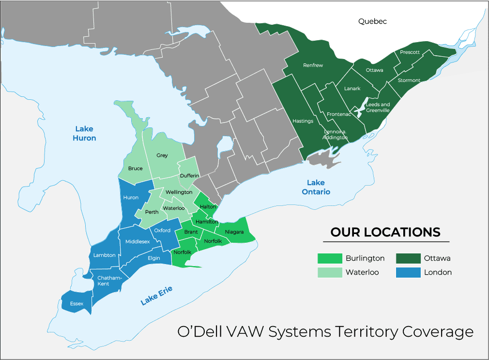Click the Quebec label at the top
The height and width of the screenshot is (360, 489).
coord(372,21)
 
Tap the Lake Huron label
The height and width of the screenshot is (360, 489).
coord(84,133)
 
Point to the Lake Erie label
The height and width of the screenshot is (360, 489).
coord(156,296)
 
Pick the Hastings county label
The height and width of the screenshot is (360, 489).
coord(303,121)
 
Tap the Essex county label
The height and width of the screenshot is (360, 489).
coord(76,304)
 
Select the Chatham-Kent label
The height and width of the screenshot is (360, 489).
coord(107,281)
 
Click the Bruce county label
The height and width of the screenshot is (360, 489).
coord(135,169)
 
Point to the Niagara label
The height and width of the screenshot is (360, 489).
coord(234,232)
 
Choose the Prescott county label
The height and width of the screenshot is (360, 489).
coord(410,52)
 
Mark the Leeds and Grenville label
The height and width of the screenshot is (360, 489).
coord(378,107)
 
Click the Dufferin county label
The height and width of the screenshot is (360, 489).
coord(189,175)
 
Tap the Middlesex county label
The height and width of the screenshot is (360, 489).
coord(137,241)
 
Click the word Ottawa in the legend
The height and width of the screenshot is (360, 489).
coord(437,258)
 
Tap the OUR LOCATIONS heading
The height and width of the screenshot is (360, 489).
coord(385,232)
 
